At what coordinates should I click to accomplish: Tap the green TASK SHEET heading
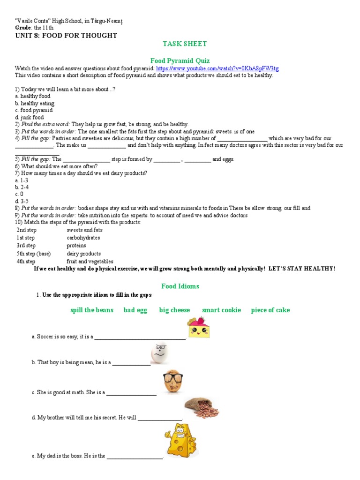[x=184, y=44]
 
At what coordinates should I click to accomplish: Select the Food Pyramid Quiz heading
[x=180, y=60]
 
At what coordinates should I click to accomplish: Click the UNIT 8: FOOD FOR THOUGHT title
[x=66, y=36]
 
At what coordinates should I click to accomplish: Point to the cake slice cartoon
[x=199, y=327]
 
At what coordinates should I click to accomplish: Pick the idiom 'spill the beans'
[x=92, y=310]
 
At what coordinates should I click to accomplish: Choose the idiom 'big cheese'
[x=174, y=310]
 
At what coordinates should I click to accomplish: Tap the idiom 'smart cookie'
[x=221, y=310]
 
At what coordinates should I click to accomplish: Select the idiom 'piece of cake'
[x=270, y=310]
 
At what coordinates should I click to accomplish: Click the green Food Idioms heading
[x=180, y=286]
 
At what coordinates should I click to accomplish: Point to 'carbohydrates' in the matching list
[x=83, y=238]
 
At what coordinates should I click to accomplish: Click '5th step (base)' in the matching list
[x=36, y=254]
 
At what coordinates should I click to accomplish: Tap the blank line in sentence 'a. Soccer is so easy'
[x=140, y=337]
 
